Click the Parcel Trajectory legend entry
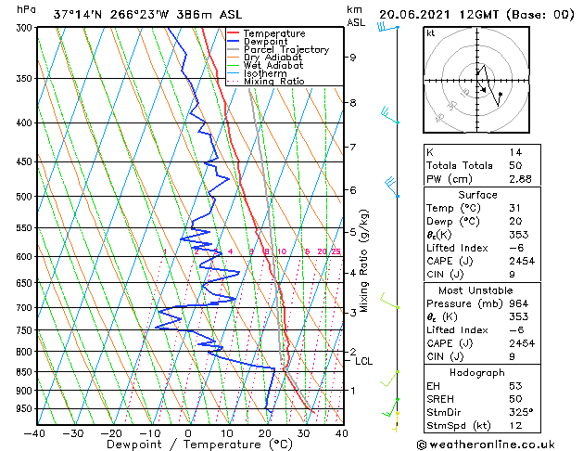285,49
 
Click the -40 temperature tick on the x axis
34,432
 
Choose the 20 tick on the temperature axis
265,432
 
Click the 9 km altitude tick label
353,58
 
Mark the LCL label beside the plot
364,362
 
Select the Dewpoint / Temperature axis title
187,445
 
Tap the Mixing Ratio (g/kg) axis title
365,260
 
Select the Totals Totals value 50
515,165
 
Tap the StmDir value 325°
519,412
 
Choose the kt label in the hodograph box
431,33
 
